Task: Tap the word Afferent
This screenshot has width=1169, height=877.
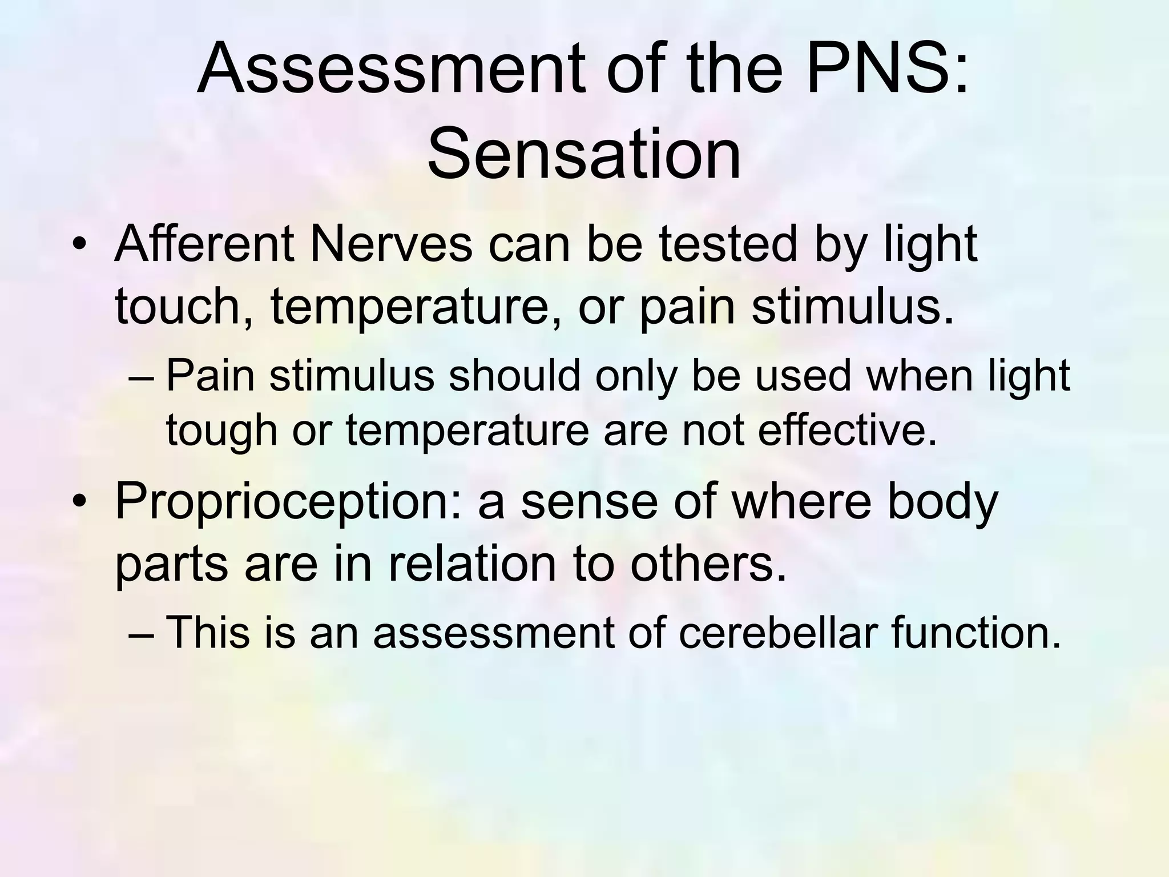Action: [x=205, y=244]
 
